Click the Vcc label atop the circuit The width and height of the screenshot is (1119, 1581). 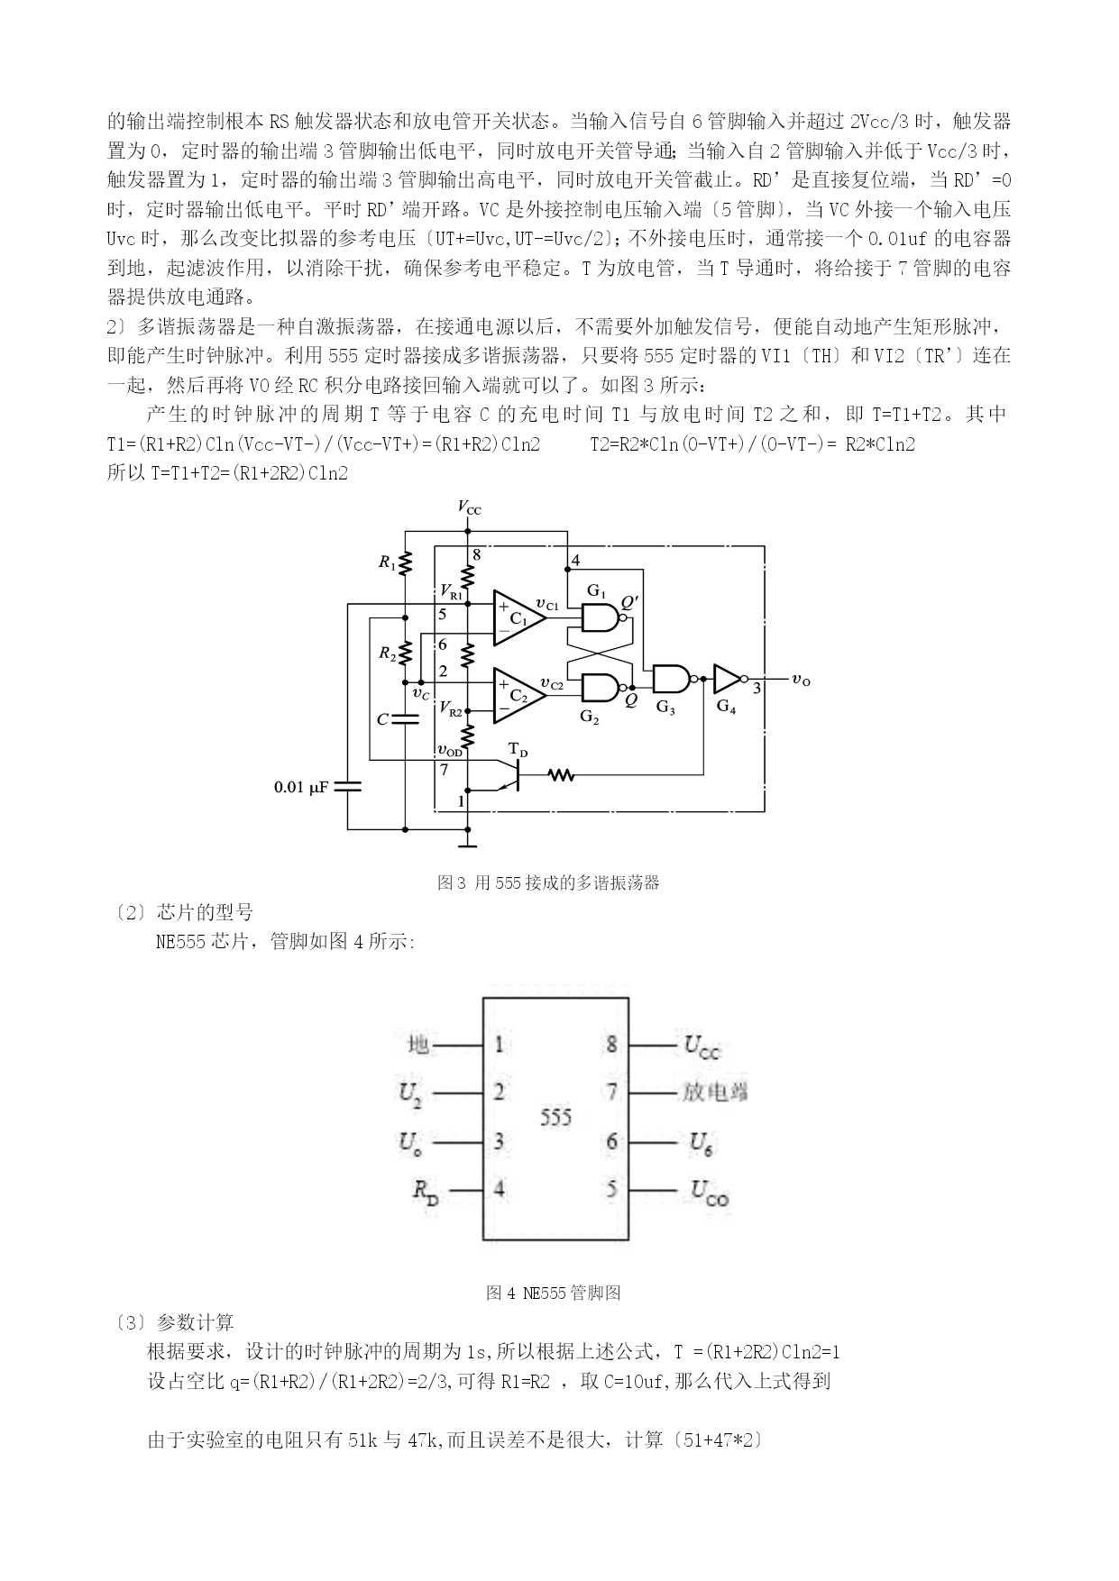469,507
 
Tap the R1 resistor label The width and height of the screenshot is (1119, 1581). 387,562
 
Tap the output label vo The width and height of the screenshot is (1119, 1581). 801,681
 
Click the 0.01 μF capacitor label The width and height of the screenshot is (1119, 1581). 301,787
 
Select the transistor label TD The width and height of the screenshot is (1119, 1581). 518,749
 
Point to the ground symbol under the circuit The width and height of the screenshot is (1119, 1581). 467,844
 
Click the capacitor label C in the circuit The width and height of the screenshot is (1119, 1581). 382,719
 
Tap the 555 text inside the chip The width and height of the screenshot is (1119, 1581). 555,1117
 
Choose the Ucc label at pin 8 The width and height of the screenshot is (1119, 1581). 702,1046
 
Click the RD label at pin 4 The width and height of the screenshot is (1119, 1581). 426,1192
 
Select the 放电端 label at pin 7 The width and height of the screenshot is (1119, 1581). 715,1092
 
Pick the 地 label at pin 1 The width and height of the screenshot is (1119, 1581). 418,1045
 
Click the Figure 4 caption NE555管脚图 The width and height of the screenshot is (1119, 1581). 553,1293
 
